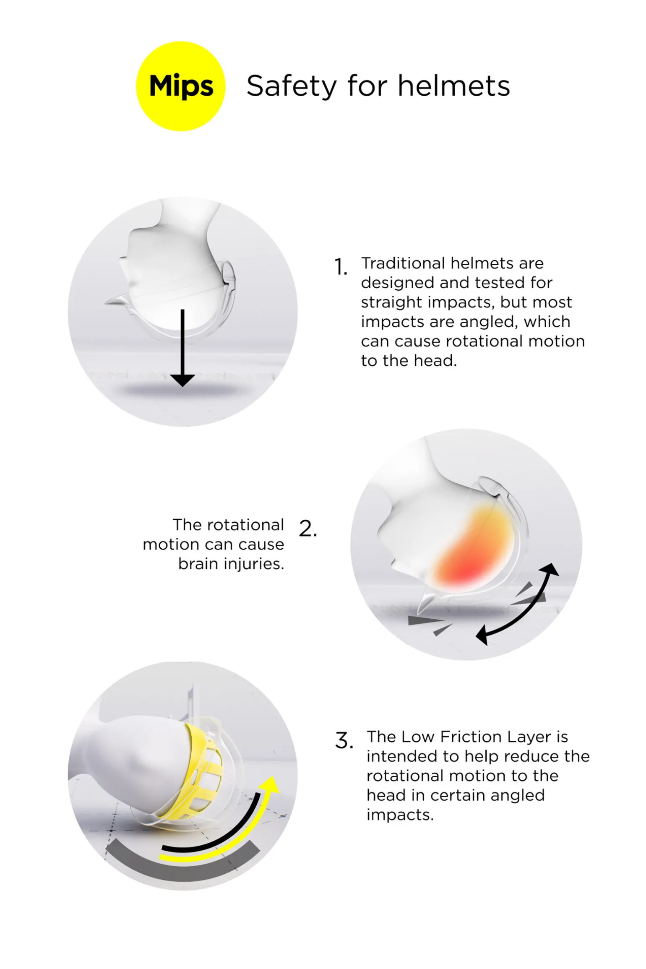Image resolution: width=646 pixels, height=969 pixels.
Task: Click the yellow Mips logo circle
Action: click(x=181, y=86)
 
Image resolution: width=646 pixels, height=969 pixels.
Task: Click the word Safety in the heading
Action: click(x=292, y=86)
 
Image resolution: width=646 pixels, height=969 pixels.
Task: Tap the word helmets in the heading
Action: click(x=454, y=86)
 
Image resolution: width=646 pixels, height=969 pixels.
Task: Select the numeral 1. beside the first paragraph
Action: click(x=341, y=267)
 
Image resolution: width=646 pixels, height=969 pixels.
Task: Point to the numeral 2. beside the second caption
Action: click(x=308, y=529)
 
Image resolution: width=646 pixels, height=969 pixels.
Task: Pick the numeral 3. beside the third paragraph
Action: click(x=344, y=741)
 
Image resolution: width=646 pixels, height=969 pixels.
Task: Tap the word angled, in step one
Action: click(x=489, y=322)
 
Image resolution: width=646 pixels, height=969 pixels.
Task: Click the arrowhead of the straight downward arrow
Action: click(x=182, y=380)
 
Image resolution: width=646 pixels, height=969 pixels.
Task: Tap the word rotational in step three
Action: click(x=404, y=776)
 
